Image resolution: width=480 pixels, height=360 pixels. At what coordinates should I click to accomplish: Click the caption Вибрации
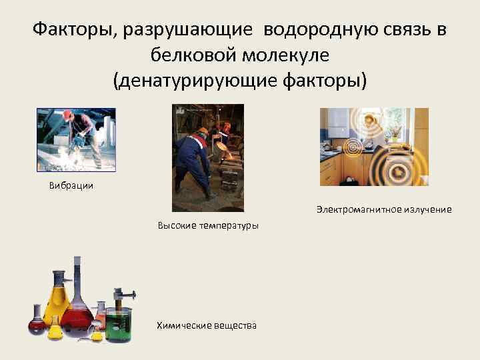tap(71, 186)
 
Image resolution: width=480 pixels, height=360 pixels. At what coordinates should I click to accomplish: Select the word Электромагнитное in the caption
tap(357, 209)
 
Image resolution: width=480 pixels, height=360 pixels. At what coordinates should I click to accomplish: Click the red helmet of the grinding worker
tap(67, 115)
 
